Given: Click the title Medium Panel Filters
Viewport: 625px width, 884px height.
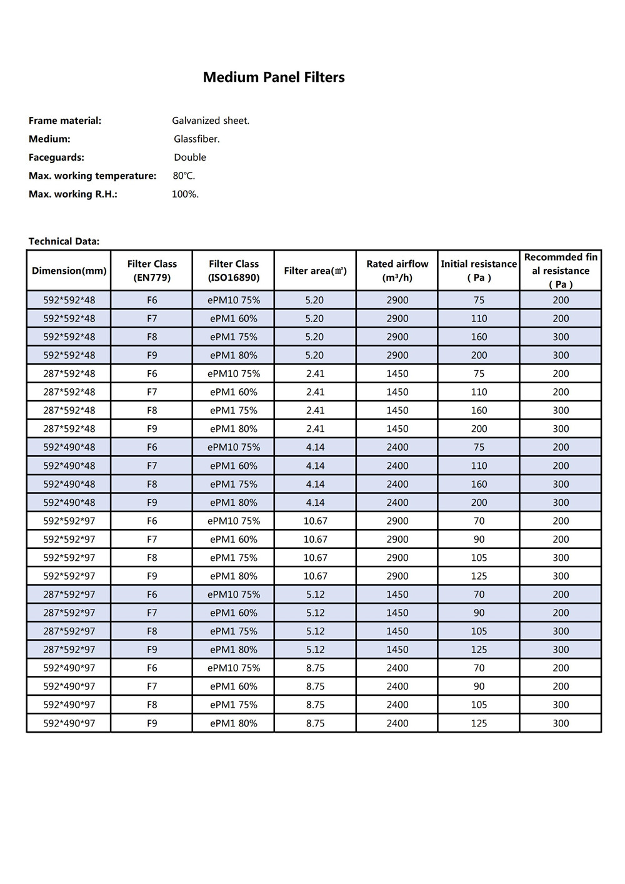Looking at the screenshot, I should click(274, 78).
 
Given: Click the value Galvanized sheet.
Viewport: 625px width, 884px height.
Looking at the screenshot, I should click(211, 121).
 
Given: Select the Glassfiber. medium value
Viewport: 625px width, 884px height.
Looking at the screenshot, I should click(197, 139).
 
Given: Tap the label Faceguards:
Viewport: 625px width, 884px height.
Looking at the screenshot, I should click(56, 158).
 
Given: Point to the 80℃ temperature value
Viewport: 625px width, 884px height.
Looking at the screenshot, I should click(184, 176).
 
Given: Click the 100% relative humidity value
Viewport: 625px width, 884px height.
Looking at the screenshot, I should click(185, 194).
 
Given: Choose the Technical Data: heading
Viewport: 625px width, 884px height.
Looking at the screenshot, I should click(64, 241).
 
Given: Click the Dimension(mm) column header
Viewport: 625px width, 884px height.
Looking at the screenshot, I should click(69, 271).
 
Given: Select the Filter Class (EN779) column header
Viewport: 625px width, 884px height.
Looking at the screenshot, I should click(152, 271).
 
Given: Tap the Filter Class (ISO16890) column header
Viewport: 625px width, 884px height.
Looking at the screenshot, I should click(234, 271).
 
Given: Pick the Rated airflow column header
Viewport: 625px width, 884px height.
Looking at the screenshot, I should click(397, 271).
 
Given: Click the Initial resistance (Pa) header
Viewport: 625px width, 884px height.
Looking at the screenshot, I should click(479, 271).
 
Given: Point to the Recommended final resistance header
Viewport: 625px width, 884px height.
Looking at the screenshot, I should click(561, 271).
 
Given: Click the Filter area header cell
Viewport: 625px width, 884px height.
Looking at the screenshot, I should click(315, 271).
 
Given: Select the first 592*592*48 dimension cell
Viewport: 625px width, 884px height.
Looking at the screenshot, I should click(69, 300).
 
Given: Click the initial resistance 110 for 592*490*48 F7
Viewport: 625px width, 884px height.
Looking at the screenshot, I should click(479, 466).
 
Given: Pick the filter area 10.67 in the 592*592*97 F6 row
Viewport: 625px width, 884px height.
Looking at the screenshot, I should click(315, 521).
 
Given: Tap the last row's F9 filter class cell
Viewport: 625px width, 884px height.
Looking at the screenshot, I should click(152, 723).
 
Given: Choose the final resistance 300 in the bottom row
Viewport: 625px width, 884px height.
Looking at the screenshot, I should click(561, 723).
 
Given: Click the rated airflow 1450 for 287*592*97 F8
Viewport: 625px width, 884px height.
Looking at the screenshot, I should click(397, 631).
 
